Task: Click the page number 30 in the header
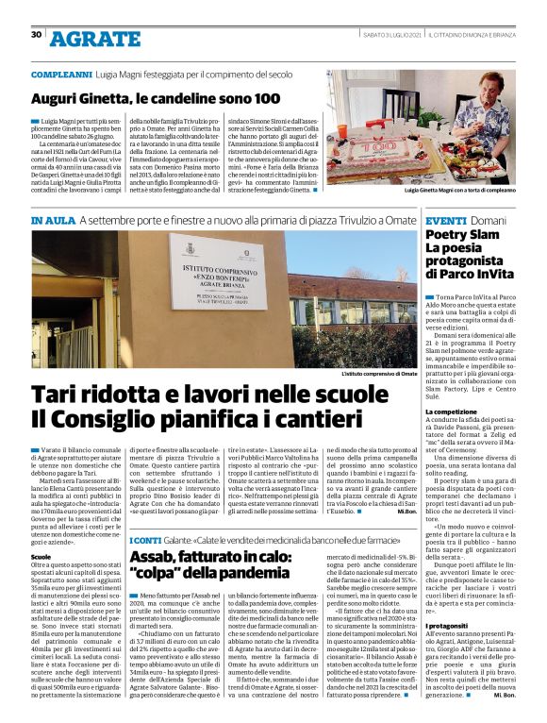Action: (36, 35)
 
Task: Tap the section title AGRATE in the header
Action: (94, 39)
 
